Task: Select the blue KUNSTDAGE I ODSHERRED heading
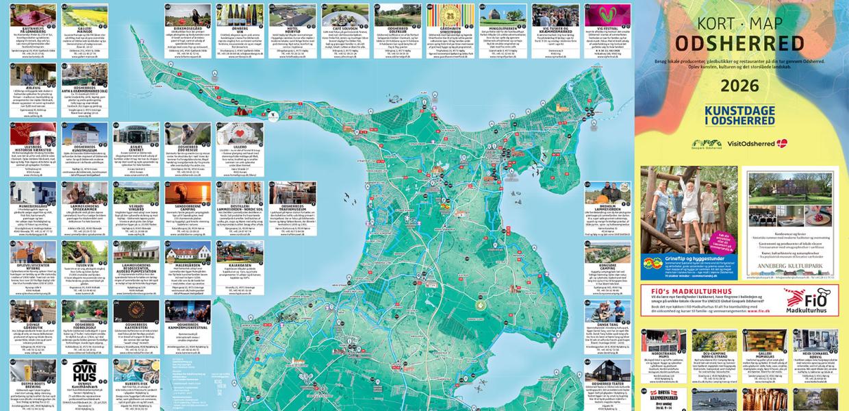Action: (739, 115)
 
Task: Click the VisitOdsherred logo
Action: (757, 143)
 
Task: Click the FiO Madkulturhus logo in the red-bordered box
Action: (807, 299)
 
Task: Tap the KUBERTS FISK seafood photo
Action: (136, 370)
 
